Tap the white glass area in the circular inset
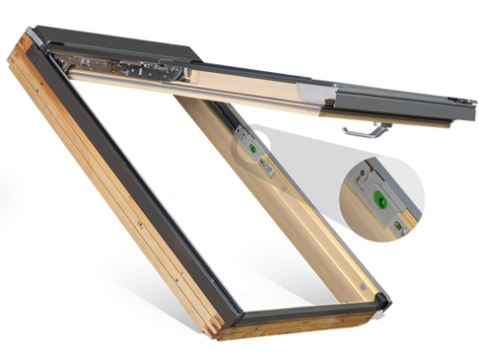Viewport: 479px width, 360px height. pos(408,178)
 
